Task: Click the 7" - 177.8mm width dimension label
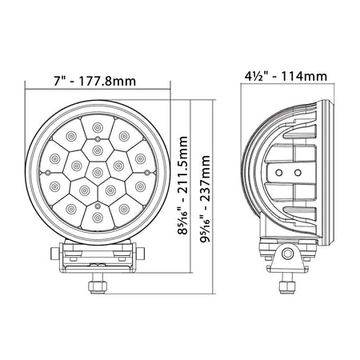94,81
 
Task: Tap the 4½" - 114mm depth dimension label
286,76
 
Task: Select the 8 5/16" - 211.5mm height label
183,186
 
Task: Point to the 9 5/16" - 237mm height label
206,198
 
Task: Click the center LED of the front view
98,173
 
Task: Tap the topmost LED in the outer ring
98,127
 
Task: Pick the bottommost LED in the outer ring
98,218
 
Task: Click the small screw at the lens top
98,138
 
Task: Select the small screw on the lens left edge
48,172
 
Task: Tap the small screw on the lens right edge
147,173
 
